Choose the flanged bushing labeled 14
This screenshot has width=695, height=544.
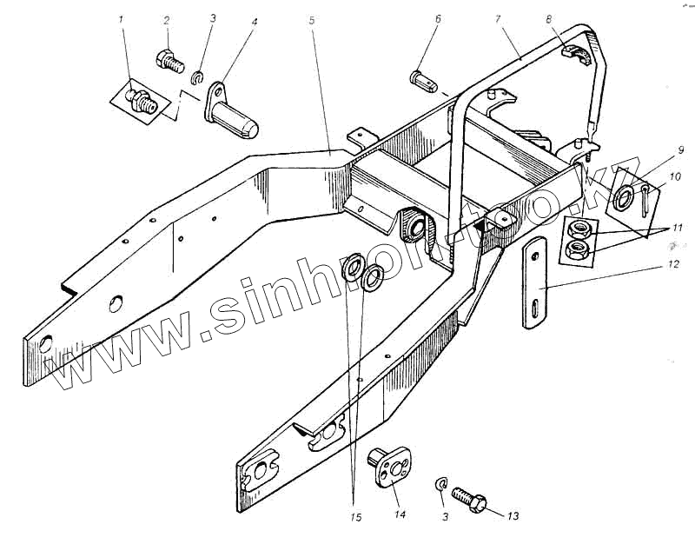[x=392, y=466]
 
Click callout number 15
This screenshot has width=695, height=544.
[x=355, y=519]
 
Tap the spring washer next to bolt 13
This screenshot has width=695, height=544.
[x=442, y=485]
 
